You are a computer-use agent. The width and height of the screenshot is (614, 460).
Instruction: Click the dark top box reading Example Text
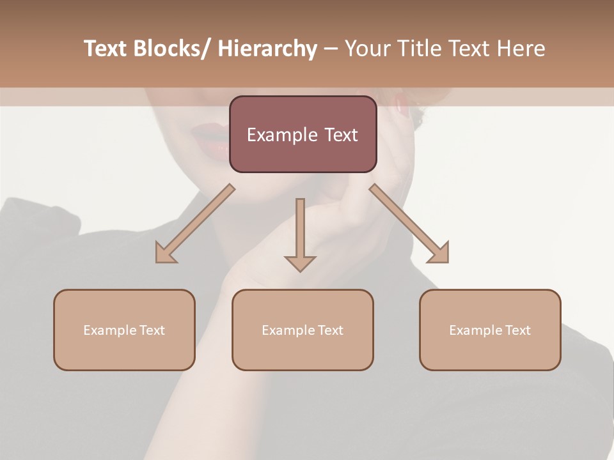303,134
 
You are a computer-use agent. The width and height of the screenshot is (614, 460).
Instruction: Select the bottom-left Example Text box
124,330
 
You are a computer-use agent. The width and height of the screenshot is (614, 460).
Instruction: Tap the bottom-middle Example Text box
303,330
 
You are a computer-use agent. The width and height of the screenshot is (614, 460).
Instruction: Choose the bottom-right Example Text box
490,330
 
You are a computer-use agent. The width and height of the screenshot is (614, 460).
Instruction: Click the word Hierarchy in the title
267,49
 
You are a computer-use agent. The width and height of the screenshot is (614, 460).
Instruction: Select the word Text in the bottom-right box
517,330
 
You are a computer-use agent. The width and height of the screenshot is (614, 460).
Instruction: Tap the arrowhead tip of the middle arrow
300,270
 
